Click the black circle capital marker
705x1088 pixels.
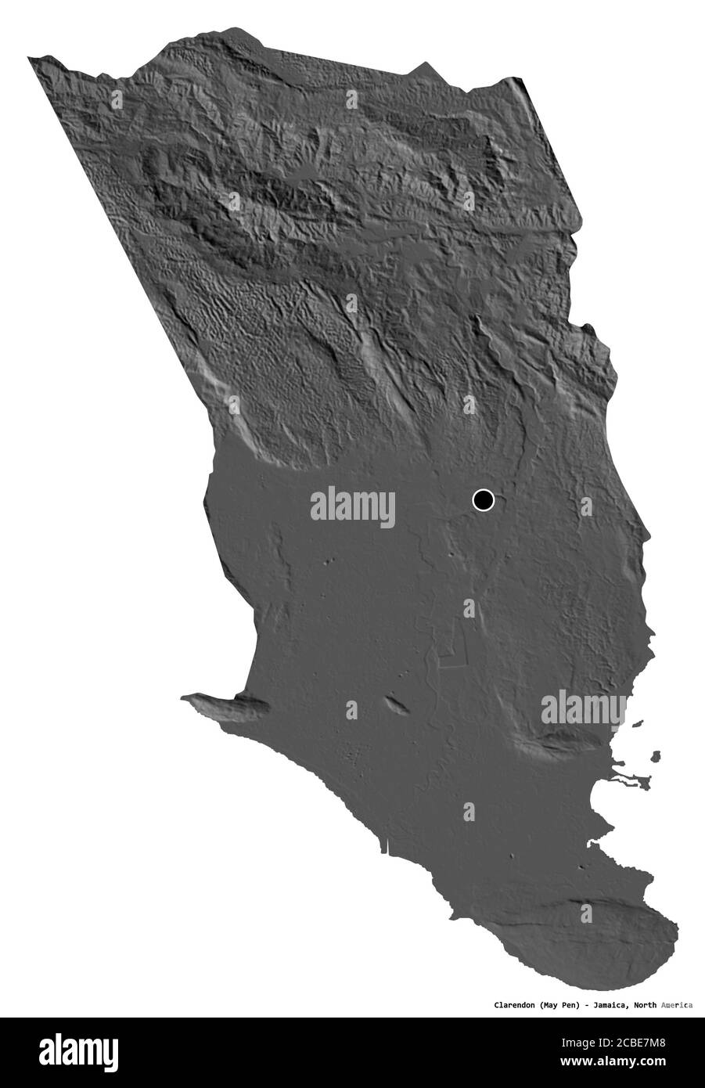(484, 499)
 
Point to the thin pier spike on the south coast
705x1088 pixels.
(386, 845)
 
